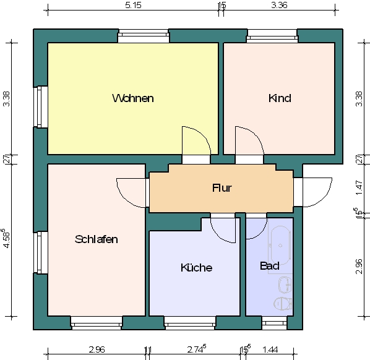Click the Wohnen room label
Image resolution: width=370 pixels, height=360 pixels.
click(133, 98)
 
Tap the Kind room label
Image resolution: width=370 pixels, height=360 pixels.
click(280, 98)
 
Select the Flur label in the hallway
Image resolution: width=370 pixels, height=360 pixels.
click(222, 188)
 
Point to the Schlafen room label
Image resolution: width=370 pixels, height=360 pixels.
click(97, 239)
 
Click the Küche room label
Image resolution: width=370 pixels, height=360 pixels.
click(196, 267)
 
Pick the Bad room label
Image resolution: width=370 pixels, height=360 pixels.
click(270, 266)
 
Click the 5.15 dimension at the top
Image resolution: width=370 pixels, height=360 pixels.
click(133, 5)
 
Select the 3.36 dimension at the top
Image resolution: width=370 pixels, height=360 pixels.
click(279, 5)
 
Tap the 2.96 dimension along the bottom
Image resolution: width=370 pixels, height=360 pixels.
click(97, 349)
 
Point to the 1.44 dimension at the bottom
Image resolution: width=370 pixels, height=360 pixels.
click(270, 349)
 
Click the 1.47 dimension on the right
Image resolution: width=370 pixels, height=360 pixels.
click(359, 187)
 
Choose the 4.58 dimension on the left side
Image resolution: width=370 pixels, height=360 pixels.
click(6, 238)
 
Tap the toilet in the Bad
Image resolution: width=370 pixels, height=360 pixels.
click(283, 303)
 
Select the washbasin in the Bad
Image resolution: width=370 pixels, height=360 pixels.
click(285, 285)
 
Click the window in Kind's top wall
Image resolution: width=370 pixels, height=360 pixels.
click(272, 36)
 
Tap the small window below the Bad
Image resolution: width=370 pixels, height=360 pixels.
click(275, 323)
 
